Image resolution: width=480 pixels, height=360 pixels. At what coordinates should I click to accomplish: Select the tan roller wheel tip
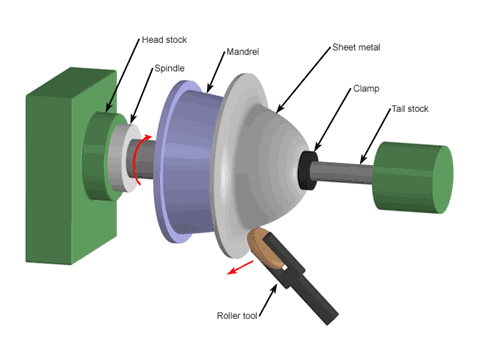[x=264, y=244]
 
